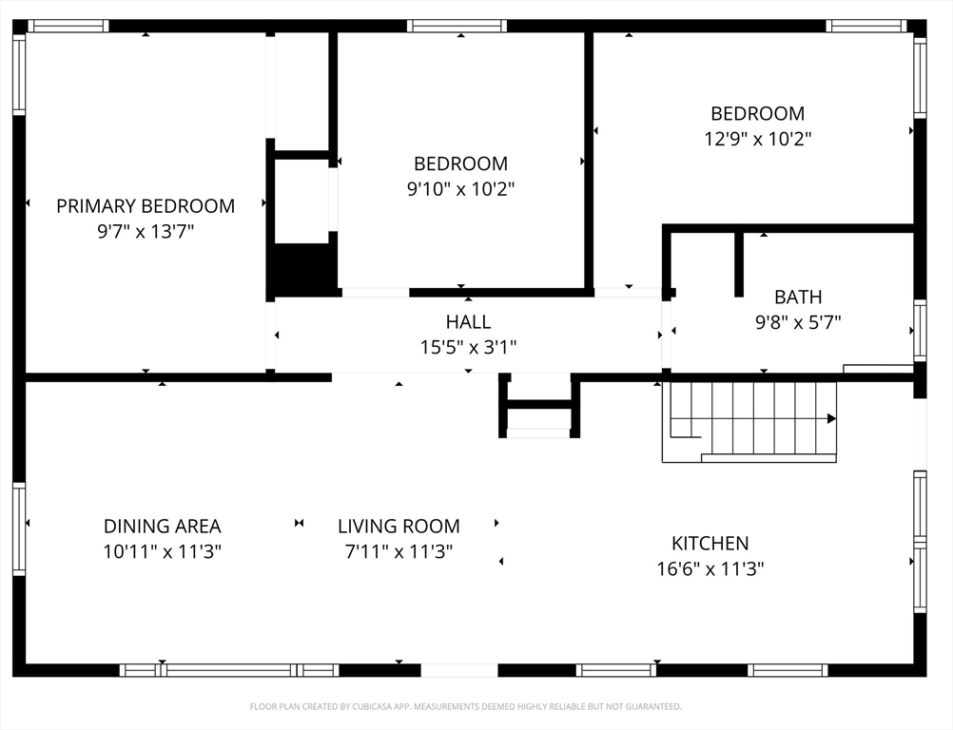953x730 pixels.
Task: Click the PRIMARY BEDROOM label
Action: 146,206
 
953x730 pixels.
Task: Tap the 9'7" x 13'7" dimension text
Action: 146,231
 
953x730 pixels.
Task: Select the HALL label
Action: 468,321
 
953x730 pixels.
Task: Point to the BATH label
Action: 798,297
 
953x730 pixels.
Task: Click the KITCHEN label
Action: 710,543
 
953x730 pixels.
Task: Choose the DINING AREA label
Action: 163,526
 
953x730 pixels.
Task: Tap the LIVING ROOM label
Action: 399,526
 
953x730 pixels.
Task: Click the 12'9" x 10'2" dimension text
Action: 757,139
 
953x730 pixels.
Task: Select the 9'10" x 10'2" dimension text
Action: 460,189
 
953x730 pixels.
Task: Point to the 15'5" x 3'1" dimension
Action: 468,347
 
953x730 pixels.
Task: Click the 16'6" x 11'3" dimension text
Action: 710,568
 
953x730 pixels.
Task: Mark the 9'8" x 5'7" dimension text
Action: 798,322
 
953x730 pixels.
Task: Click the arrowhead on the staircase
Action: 831,418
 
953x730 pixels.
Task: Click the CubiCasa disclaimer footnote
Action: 465,706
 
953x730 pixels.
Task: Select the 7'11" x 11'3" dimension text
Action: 399,551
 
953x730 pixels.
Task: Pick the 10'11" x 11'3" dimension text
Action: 163,551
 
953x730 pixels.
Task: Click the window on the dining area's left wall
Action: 19,529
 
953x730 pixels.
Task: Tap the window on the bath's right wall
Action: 920,331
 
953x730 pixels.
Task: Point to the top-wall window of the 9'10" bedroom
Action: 457,26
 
